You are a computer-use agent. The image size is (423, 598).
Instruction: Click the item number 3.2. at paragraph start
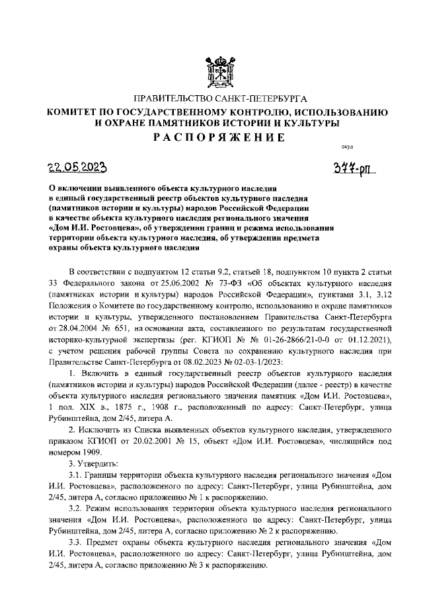coord(78,507)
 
